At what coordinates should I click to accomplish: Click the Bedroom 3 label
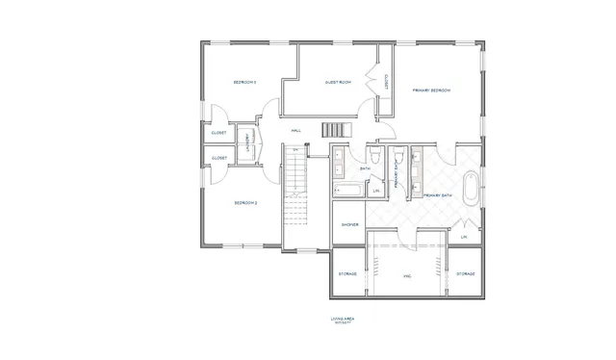[x=244, y=83]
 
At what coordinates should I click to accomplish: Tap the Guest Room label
[x=337, y=83]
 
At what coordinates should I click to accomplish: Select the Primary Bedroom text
[x=432, y=90]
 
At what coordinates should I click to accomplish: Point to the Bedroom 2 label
[x=245, y=203]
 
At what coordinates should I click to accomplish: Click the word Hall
[x=296, y=130]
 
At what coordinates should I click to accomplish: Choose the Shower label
[x=349, y=225]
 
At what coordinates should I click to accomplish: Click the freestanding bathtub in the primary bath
[x=470, y=189]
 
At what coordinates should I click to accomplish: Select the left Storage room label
[x=348, y=274]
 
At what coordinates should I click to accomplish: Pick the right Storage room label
[x=466, y=274]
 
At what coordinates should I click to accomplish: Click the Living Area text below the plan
[x=343, y=318]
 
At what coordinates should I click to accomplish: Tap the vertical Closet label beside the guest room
[x=386, y=83]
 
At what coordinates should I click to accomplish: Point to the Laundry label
[x=246, y=142]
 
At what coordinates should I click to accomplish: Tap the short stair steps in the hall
[x=333, y=130]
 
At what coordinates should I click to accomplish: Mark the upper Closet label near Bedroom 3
[x=218, y=133]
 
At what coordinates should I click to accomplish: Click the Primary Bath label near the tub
[x=438, y=195]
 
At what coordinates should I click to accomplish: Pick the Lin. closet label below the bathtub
[x=464, y=236]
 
